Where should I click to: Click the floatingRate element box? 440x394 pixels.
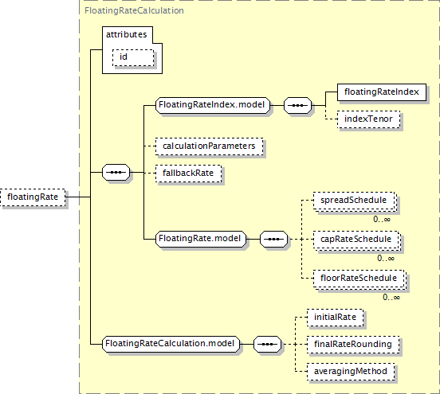click(x=33, y=197)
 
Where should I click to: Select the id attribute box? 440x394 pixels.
click(x=133, y=58)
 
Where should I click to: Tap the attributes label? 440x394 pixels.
click(x=126, y=34)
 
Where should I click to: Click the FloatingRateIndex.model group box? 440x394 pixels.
click(x=212, y=105)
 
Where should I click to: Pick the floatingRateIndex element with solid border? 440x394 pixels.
click(x=382, y=92)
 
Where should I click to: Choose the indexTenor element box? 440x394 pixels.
click(x=369, y=119)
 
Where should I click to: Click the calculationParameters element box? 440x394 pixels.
click(x=210, y=146)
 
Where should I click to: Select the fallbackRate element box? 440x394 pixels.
click(x=188, y=174)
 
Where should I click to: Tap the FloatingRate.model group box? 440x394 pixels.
click(x=201, y=239)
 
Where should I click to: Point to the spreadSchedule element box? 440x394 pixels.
click(x=354, y=201)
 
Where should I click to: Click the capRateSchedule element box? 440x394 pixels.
click(x=356, y=240)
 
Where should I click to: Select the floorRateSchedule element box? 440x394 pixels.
click(x=359, y=279)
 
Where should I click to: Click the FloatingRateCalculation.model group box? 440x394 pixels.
click(x=171, y=344)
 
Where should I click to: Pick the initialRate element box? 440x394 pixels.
click(x=336, y=318)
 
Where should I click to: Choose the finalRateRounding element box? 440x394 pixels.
click(x=353, y=345)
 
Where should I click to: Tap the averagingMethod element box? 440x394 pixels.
click(x=351, y=372)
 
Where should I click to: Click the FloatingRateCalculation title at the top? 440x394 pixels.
click(x=134, y=10)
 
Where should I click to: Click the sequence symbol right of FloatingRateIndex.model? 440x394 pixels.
click(x=298, y=105)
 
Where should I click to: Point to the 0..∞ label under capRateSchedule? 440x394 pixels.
click(x=386, y=258)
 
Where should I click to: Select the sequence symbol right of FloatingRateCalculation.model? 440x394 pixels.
click(x=267, y=344)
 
